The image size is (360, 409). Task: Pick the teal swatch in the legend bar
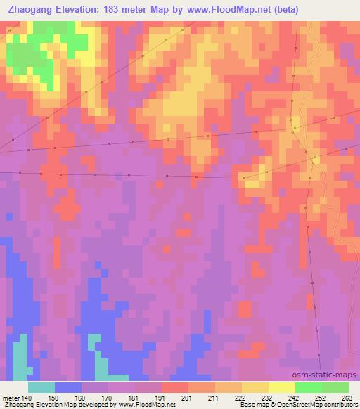pyautogui.click(x=41, y=387)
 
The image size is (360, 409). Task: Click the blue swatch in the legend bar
pyautogui.click(x=68, y=387)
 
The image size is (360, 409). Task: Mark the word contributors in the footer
pyautogui.click(x=341, y=405)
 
